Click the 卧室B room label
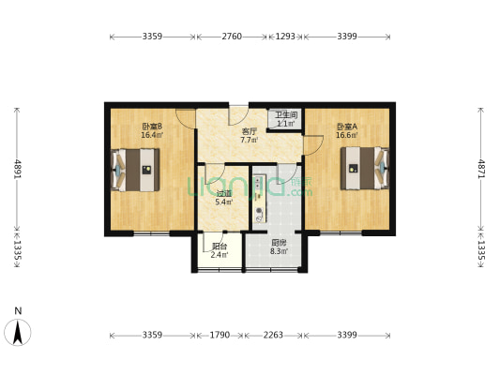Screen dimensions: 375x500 pos(152,127)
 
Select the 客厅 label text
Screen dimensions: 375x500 pos(249,131)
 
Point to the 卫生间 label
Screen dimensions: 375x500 pos(284,115)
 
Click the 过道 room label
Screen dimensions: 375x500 pos(224,193)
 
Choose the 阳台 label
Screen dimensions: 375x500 pos(218,247)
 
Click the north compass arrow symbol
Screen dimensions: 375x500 pos(19,332)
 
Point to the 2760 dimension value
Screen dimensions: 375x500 pos(232,37)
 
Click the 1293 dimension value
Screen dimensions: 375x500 pos(286,37)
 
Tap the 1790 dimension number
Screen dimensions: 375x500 pos(220,335)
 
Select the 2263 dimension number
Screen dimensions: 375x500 pos(273,335)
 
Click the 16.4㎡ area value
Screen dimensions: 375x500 pos(152,135)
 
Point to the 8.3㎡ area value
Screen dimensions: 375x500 pos(279,251)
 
